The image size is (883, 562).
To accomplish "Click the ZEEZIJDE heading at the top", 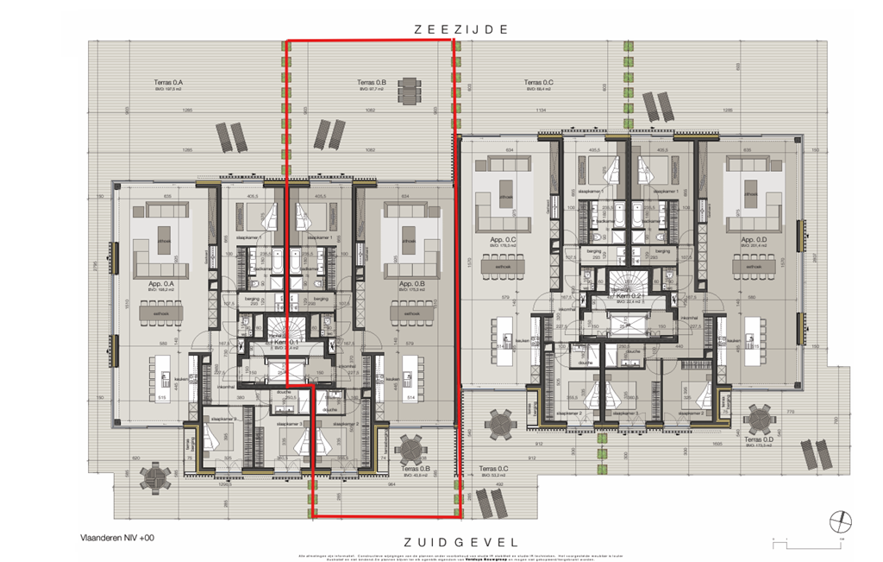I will point(460,28).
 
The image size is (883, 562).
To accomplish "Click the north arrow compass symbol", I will point(840,521).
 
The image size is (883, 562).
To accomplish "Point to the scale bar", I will point(807,543).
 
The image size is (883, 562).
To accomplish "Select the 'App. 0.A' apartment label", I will point(162,282).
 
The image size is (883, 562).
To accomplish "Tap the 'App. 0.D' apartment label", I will point(755,239).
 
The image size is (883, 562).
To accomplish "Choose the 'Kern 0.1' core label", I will point(286,342).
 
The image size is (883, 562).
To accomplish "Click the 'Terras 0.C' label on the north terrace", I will point(538,84).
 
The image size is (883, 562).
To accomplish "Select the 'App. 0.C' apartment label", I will point(503,240).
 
